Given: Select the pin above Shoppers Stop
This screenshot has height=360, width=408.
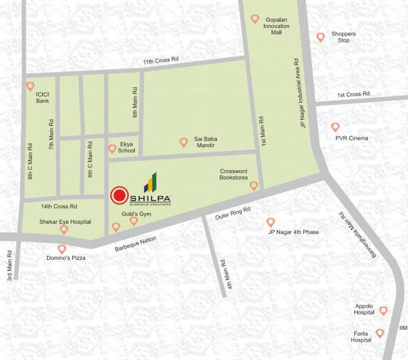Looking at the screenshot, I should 321,37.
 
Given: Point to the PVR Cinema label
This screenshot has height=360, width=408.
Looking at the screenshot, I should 352,139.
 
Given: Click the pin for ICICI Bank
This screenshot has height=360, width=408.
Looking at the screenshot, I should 30,86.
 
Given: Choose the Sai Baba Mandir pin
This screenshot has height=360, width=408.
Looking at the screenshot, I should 183,142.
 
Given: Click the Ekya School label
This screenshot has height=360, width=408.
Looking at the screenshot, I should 127,148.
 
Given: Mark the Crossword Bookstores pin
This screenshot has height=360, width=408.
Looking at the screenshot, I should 254,185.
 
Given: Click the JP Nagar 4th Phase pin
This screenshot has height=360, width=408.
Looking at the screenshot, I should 270,222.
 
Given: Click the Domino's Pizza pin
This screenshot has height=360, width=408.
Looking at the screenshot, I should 62,249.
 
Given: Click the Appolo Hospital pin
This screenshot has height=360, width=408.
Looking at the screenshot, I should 384,310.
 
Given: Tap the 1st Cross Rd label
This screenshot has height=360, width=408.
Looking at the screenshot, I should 353,94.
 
